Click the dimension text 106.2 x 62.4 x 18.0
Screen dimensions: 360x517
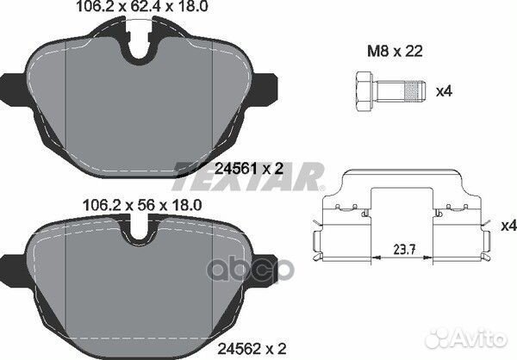click(144, 10)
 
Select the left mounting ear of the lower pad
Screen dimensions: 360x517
click(11, 264)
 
